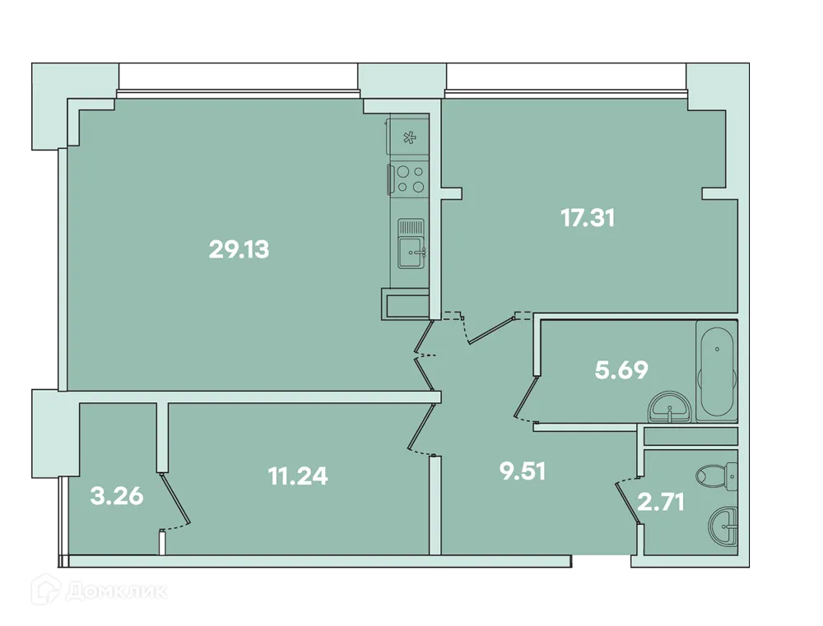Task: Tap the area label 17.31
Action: coord(588,218)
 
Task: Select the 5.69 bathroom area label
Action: coord(621,370)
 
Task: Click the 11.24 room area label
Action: coord(298,475)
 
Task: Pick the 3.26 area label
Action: coord(117,496)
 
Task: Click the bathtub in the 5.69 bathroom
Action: coord(717,372)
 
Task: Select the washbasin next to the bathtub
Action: coord(672,408)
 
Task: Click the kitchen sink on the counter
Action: coord(411,244)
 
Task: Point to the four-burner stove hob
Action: coord(409,179)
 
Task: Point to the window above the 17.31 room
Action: coord(565,77)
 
